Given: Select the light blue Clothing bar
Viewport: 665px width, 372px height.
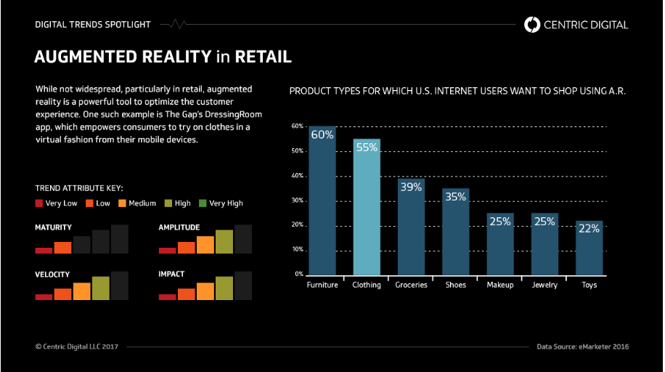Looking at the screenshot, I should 367,211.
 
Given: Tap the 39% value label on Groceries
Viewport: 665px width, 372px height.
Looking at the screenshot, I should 411,187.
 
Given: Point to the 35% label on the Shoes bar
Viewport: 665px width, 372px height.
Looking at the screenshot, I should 456,197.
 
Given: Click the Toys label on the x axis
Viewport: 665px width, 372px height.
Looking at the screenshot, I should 589,285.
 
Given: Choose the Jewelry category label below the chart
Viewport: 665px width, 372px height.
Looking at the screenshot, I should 544,285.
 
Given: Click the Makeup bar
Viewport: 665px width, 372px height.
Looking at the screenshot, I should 500,247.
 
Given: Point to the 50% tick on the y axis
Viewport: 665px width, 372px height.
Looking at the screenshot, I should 297,151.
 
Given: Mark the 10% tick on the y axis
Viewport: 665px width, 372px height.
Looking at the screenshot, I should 297,250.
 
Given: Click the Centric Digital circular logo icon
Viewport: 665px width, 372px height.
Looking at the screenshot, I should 532,25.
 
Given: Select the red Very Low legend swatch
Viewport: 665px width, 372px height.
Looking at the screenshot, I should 39,203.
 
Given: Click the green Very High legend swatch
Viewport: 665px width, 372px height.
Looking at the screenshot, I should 203,203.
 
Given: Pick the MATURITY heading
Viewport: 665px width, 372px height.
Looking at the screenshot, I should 53,227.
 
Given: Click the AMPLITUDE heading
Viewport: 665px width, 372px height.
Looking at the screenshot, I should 179,227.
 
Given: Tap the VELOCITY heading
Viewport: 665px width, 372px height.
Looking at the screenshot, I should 52,274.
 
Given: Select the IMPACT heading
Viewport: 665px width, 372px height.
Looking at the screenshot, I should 171,274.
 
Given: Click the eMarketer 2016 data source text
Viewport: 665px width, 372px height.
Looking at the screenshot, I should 583,347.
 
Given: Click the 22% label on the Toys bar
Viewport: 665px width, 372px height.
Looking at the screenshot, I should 589,228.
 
